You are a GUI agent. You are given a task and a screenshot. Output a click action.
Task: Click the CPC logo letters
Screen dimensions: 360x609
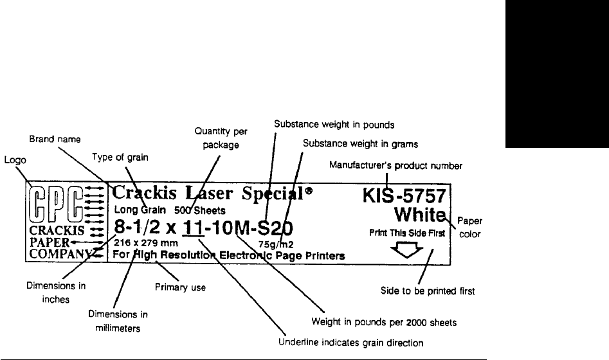click(55, 204)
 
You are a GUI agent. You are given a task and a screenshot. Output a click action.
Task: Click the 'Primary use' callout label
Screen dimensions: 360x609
click(180, 288)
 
